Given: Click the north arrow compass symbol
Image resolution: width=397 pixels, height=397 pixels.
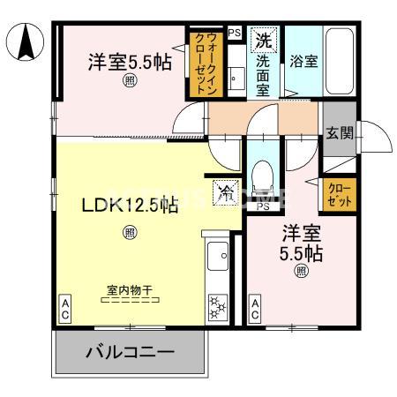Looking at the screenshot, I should pos(26,41).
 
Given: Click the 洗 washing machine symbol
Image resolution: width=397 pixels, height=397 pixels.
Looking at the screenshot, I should pos(264,41).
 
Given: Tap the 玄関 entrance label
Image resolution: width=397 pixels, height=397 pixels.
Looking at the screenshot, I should pos(339,134).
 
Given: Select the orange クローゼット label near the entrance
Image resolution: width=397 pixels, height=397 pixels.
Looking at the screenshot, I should pos(340,195).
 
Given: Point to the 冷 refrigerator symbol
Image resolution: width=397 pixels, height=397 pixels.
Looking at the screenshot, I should pos(226,191).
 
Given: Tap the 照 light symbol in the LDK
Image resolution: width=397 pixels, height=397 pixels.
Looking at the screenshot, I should pos(130,233).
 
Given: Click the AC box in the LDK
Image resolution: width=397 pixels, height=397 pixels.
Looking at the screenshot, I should pos(65,308).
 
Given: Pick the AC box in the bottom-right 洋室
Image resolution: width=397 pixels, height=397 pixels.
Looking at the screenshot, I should pos(255,308).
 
